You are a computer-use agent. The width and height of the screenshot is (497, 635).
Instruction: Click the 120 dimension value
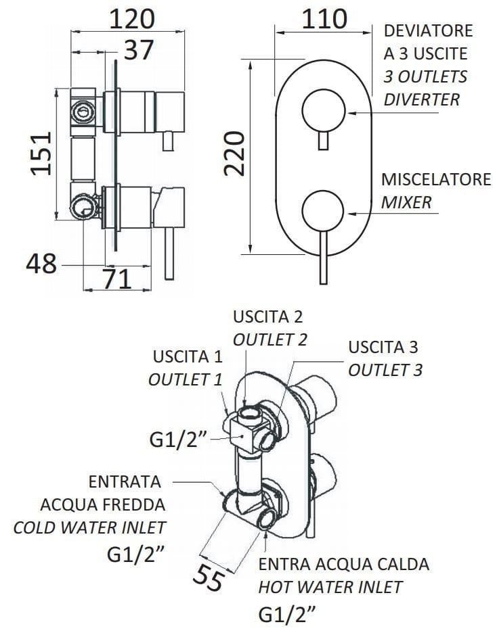tap(131, 18)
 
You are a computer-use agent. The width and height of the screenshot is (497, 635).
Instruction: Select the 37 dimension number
tap(138, 50)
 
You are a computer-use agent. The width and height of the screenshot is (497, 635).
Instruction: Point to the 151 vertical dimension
tap(42, 153)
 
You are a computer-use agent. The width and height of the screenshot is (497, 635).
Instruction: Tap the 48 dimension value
tap(42, 264)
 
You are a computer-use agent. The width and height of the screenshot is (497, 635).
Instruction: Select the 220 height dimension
tap(234, 154)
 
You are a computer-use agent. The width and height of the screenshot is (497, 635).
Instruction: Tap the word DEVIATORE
tap(428, 32)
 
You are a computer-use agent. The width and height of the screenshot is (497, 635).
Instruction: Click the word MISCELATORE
tap(436, 181)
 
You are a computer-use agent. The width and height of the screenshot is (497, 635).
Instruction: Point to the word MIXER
tap(406, 202)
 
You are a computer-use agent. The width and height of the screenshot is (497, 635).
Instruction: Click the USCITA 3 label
tap(383, 348)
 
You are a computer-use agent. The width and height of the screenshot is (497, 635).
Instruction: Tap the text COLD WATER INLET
tap(90, 527)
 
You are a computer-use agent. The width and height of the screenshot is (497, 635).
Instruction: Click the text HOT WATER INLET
tap(330, 586)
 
